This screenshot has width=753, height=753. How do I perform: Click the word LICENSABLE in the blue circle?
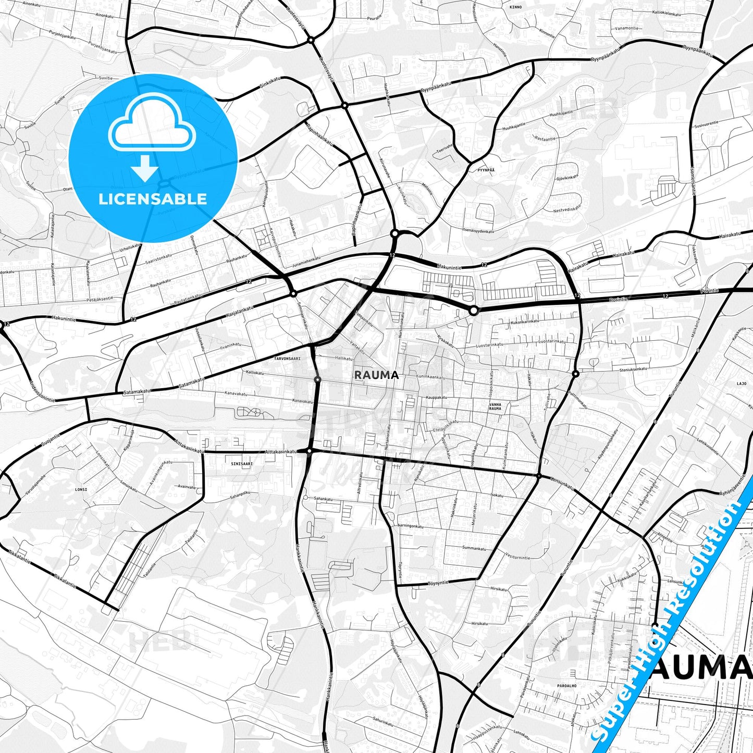point(153,199)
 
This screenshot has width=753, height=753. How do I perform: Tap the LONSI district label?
point(81,490)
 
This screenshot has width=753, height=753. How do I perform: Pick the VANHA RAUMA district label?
point(495,406)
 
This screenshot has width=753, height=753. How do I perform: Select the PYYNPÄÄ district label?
point(485,170)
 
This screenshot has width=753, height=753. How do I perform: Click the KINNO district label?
point(515,7)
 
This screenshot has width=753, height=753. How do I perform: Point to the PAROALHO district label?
point(566,686)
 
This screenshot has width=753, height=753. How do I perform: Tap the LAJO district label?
point(742,384)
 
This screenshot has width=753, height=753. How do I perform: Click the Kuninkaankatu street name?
point(430,377)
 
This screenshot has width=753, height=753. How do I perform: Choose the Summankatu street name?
point(475,548)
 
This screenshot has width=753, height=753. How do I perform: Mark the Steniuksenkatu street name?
point(633,369)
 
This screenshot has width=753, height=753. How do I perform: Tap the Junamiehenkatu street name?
point(306,262)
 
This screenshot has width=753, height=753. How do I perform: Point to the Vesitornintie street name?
point(519,557)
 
